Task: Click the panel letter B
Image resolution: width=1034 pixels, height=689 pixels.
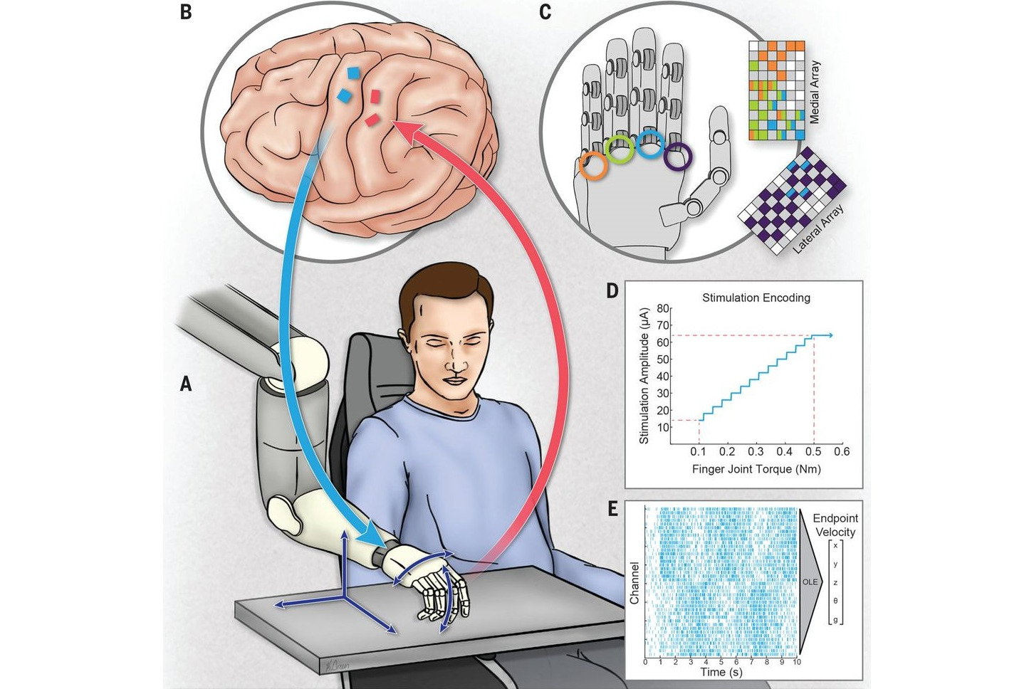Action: tap(186, 12)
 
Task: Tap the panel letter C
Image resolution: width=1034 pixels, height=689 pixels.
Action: tap(545, 12)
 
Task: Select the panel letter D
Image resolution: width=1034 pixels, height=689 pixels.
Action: tap(612, 290)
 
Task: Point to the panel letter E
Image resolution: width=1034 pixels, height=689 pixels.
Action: tap(612, 509)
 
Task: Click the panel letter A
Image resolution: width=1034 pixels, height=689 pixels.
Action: tap(186, 384)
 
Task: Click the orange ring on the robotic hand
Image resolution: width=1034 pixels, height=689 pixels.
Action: tap(593, 165)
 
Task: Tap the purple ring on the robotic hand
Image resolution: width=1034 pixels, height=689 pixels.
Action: tap(677, 157)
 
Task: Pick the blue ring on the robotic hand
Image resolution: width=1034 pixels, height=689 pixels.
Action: tap(649, 144)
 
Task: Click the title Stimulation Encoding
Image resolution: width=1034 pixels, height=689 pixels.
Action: tap(756, 298)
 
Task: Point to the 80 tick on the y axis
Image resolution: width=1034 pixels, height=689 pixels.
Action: tap(663, 309)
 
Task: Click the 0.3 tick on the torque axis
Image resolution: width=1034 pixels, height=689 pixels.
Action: tap(756, 451)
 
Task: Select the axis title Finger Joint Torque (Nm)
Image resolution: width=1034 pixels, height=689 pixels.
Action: tap(756, 469)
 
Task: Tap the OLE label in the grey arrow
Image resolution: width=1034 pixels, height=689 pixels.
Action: tap(810, 582)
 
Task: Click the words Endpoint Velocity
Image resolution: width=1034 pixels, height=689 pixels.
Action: tap(835, 525)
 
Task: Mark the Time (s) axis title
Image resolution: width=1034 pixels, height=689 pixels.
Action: tap(721, 672)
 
